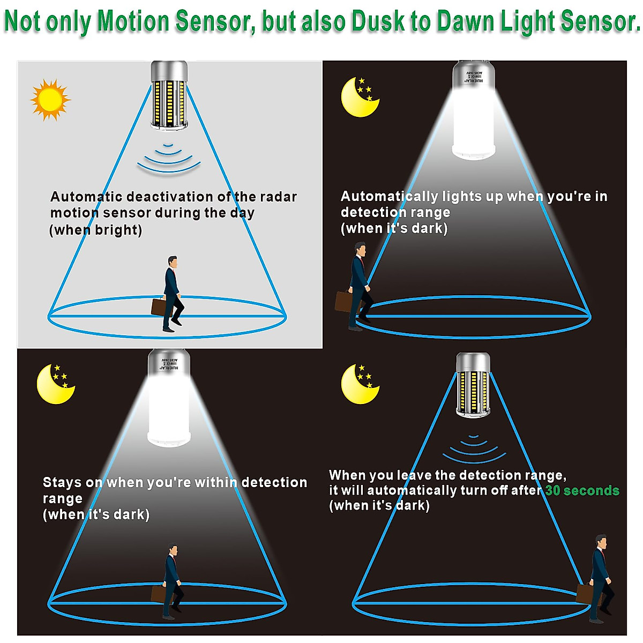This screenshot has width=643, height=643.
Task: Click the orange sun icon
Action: coord(50,100)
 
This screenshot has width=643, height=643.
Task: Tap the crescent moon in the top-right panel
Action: coord(358,98)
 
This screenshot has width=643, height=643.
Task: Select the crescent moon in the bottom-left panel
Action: coord(54,385)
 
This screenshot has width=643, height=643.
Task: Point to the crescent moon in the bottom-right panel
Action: coord(358,385)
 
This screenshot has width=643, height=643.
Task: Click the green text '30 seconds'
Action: coord(582,490)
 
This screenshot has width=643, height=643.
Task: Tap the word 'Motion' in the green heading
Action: coord(133,21)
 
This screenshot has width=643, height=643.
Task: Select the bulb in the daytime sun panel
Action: coord(169,95)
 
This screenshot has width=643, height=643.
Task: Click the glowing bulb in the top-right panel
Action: coord(473,113)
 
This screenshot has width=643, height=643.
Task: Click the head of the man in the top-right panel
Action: coord(361,249)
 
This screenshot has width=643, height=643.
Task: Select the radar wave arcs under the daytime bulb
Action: coord(169,159)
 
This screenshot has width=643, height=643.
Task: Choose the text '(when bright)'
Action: coord(96,230)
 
